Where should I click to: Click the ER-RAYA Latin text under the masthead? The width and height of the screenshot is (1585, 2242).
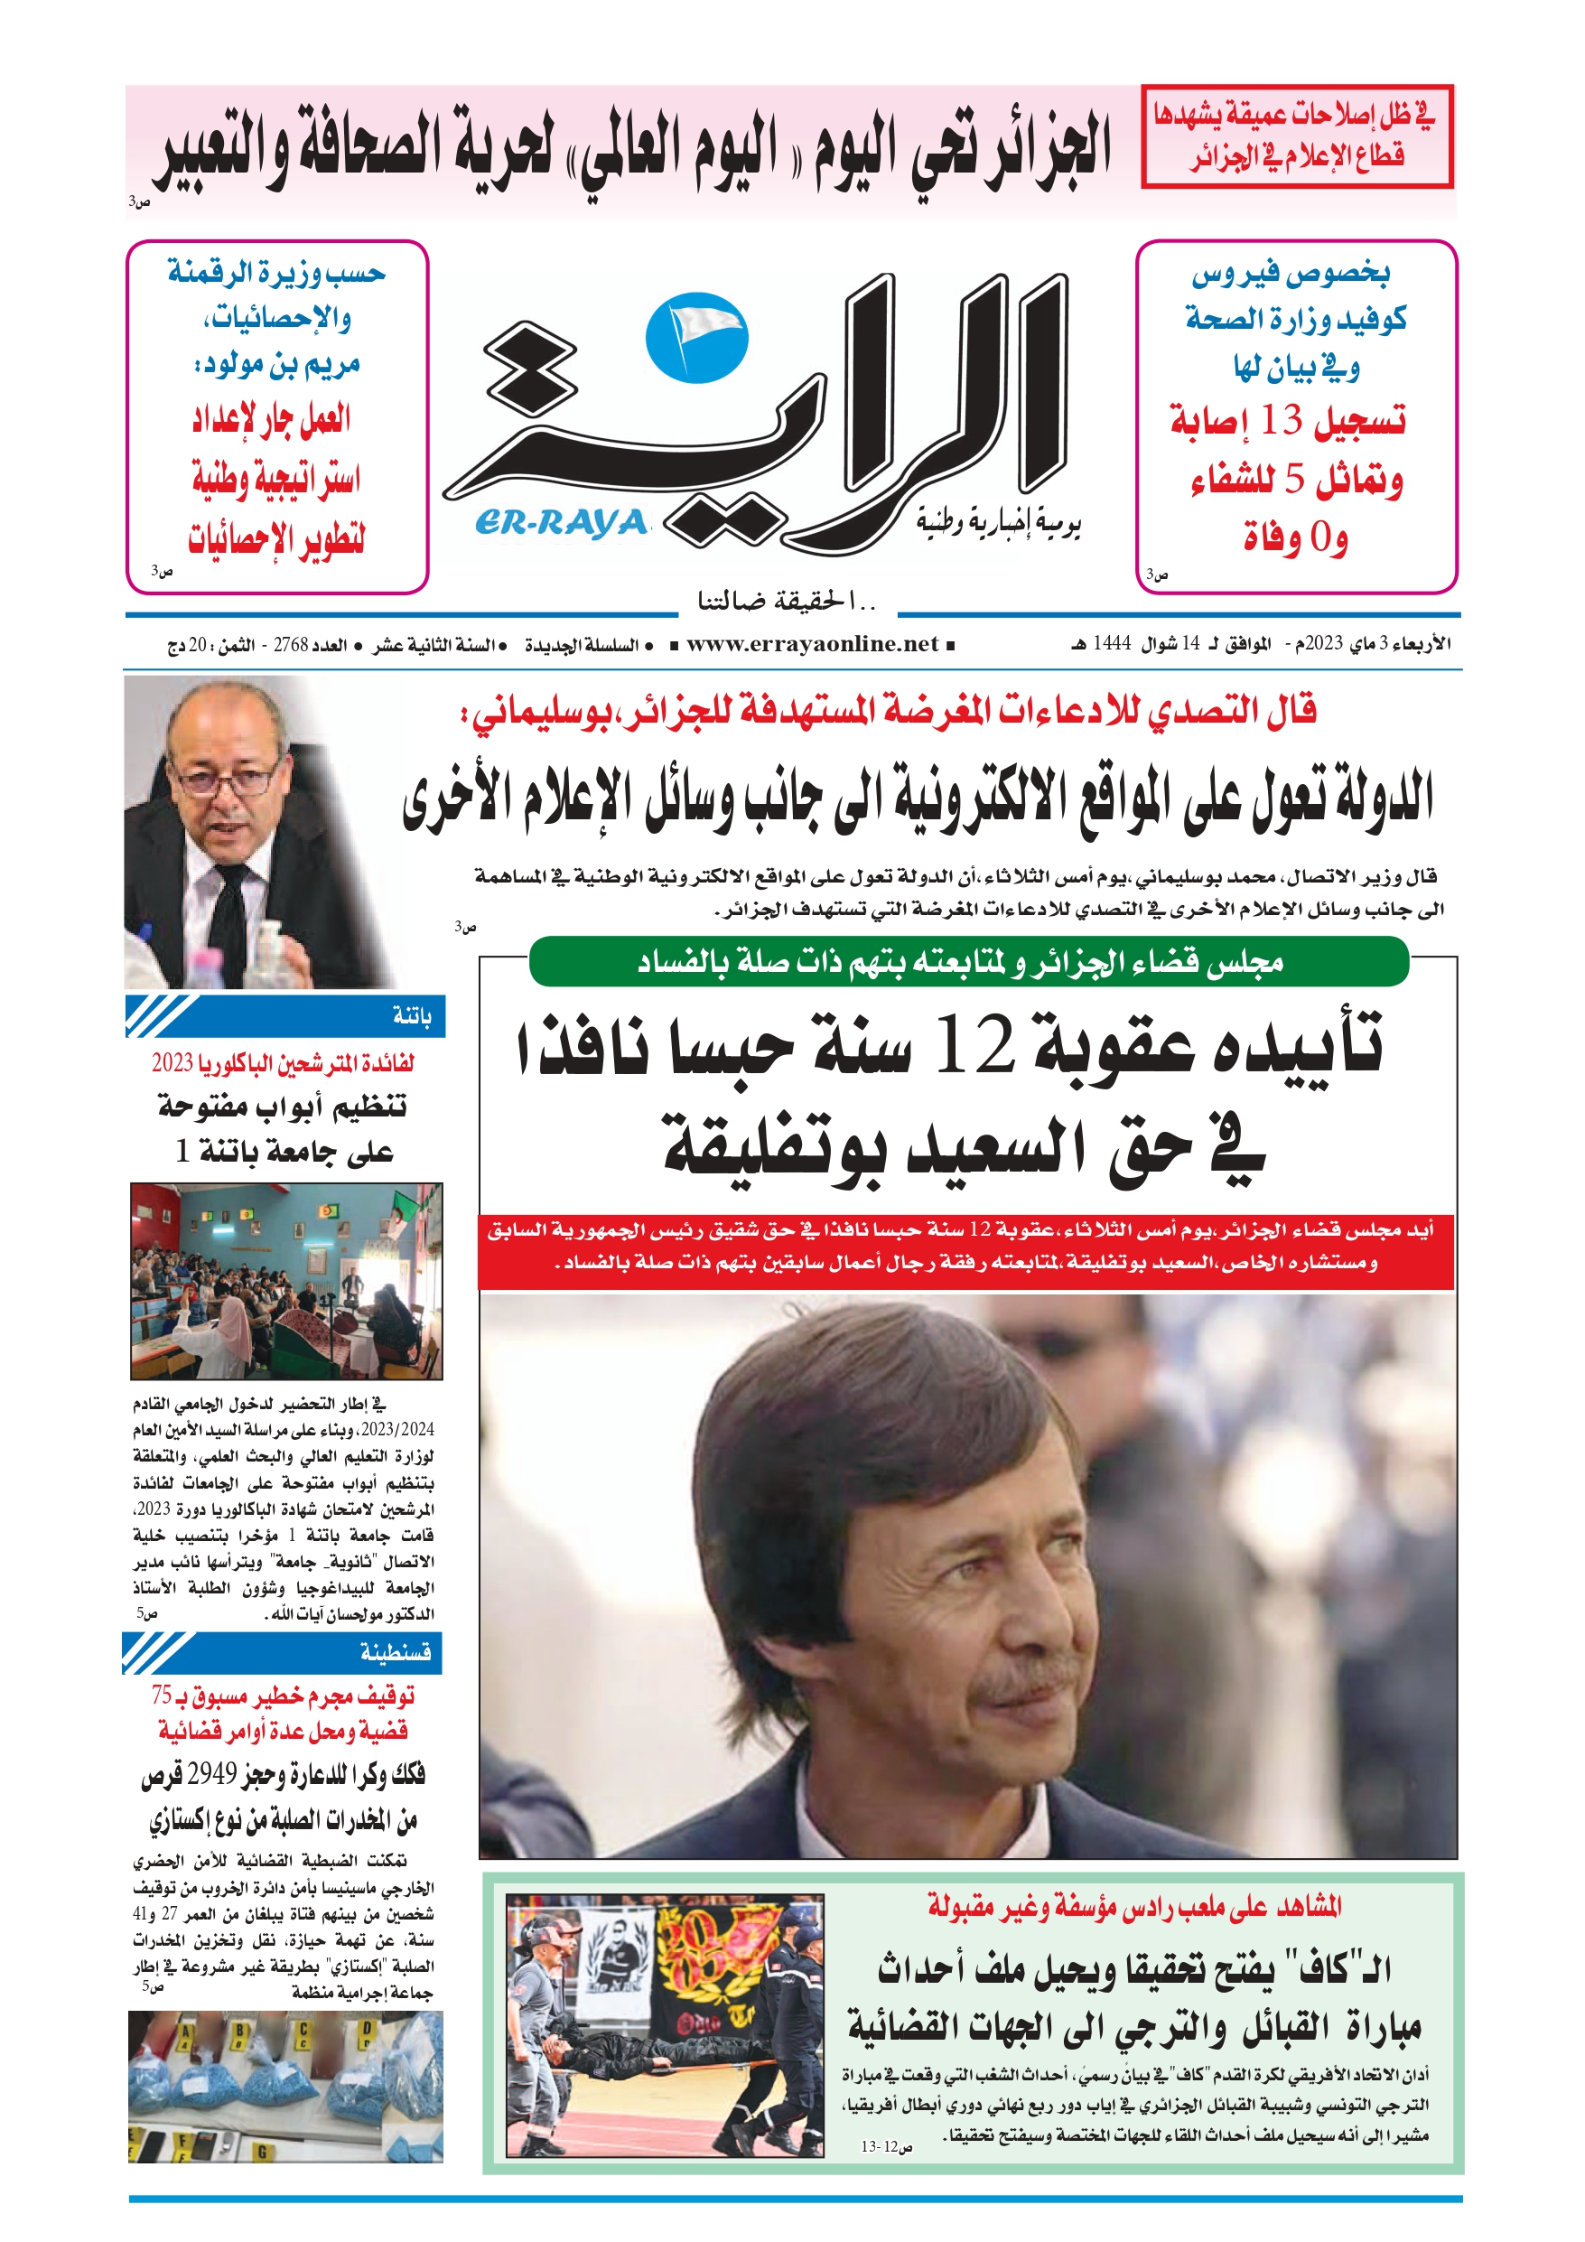[562, 522]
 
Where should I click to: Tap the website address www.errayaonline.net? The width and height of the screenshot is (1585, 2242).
[812, 643]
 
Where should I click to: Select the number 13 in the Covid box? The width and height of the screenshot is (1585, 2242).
[1281, 421]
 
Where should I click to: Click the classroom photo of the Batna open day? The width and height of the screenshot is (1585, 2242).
[286, 1280]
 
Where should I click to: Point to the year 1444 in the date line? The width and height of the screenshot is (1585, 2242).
[1112, 643]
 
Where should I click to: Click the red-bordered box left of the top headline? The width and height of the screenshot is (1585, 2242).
[1296, 135]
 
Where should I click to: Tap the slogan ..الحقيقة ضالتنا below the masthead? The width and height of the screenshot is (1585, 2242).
[786, 601]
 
